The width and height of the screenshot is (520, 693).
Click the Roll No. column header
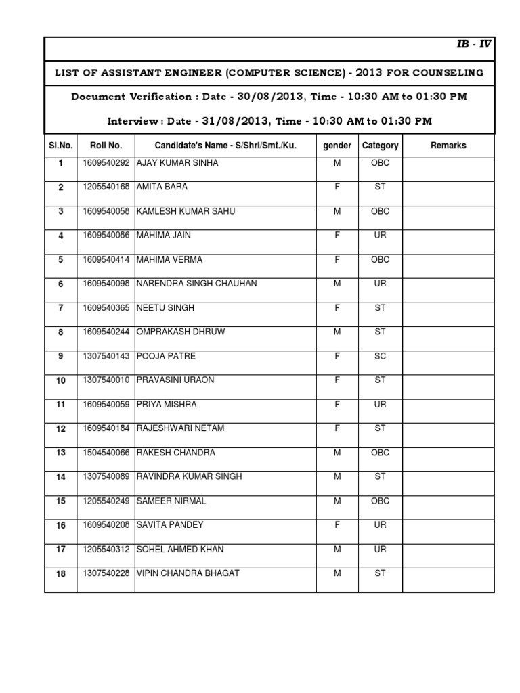tap(106, 146)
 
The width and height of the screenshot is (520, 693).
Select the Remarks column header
tap(448, 146)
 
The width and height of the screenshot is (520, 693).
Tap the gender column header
tap(337, 146)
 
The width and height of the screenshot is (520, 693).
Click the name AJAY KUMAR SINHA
tap(177, 164)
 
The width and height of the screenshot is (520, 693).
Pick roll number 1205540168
tap(106, 187)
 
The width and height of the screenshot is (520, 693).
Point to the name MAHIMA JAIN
tap(164, 236)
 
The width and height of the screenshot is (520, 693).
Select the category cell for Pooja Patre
tap(380, 356)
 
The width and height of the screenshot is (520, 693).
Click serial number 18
tap(61, 575)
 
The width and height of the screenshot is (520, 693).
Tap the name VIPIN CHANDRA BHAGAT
tap(188, 573)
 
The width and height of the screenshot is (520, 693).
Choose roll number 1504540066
tap(106, 453)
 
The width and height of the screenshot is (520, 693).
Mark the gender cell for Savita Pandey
tap(337, 525)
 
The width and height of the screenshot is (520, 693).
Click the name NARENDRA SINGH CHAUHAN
tap(196, 284)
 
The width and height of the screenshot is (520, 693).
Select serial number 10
tap(61, 381)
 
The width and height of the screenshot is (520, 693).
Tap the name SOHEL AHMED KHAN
tap(180, 549)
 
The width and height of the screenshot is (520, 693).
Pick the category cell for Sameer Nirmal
tap(380, 501)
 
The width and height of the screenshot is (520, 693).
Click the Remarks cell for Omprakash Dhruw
tap(448, 332)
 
